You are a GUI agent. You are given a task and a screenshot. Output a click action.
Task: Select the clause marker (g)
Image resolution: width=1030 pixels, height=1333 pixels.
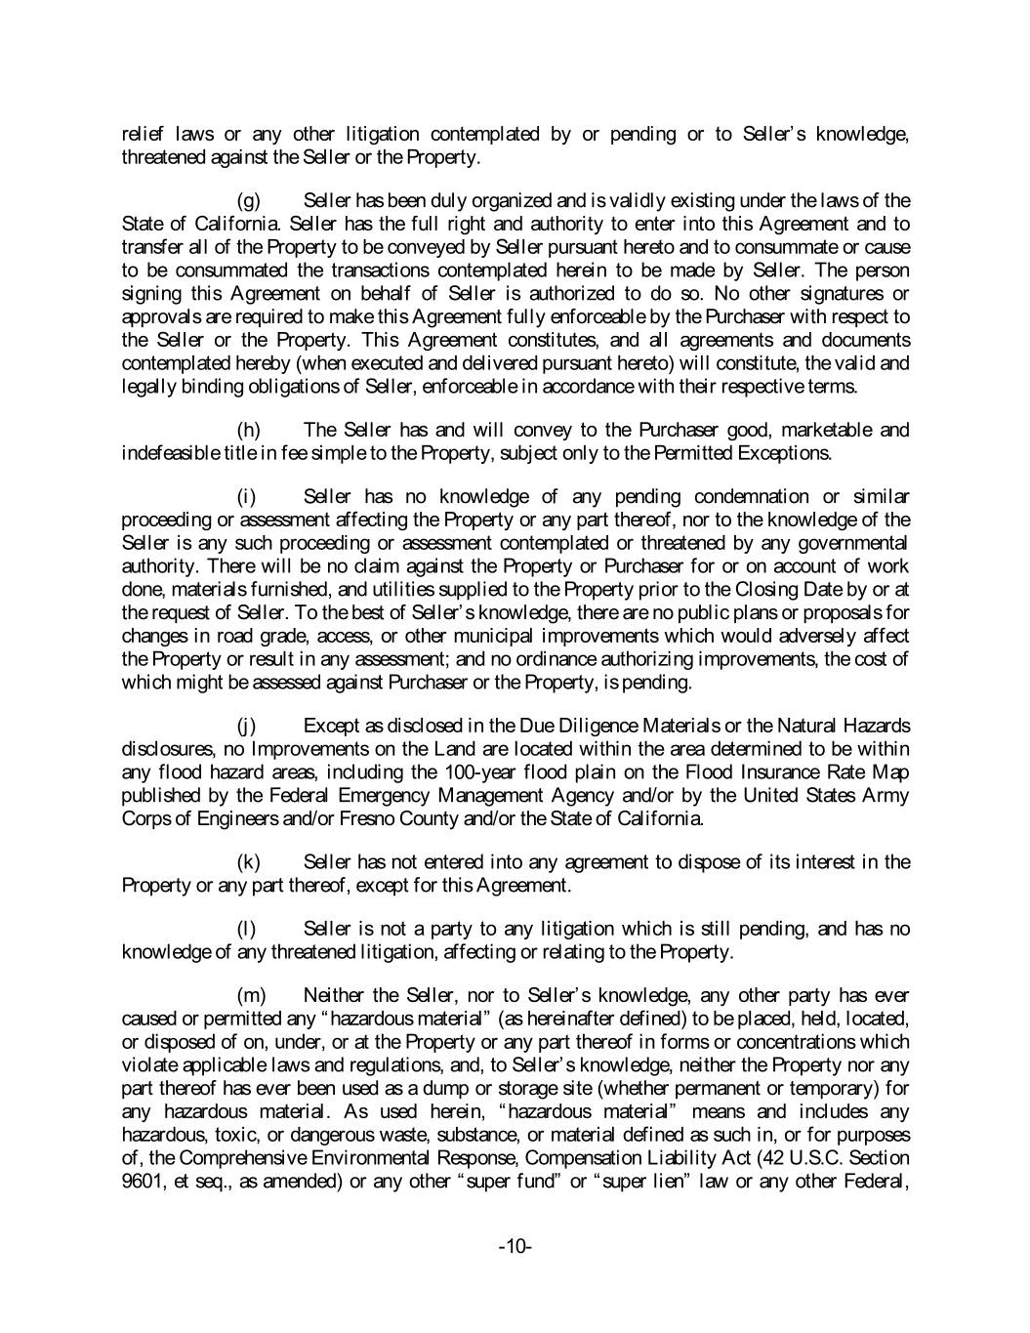click(x=250, y=201)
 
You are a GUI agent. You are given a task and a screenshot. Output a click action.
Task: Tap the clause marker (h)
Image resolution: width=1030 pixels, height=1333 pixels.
click(x=250, y=430)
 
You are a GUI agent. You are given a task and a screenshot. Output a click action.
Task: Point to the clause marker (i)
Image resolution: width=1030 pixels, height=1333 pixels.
click(x=247, y=496)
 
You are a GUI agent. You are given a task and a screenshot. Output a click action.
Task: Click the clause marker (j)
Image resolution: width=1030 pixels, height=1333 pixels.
click(x=248, y=726)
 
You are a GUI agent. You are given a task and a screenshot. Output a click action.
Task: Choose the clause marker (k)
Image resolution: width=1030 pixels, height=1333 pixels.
click(x=250, y=862)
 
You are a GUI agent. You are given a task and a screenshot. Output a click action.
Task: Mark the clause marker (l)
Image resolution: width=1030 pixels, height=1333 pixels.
click(x=247, y=929)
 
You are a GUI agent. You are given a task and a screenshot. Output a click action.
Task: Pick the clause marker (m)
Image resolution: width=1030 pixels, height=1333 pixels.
click(x=252, y=995)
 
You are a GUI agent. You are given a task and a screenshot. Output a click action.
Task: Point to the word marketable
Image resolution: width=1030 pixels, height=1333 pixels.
click(x=817, y=430)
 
